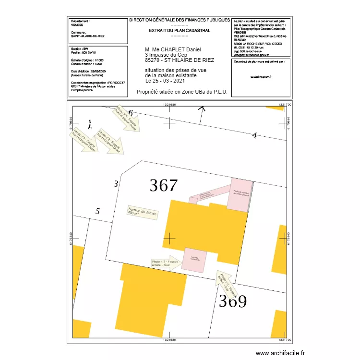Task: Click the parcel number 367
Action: click(x=164, y=185)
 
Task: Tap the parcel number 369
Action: click(x=233, y=301)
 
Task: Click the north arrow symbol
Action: click(x=89, y=124)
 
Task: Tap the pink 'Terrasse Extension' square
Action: click(x=195, y=261)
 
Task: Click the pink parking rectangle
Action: click(x=239, y=194)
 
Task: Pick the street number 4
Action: click(x=254, y=136)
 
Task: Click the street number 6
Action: click(x=130, y=113)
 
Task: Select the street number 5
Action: click(x=97, y=211)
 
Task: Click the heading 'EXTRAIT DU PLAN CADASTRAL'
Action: click(x=180, y=30)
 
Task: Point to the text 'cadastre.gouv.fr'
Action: click(x=261, y=76)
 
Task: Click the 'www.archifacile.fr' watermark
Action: click(x=280, y=353)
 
